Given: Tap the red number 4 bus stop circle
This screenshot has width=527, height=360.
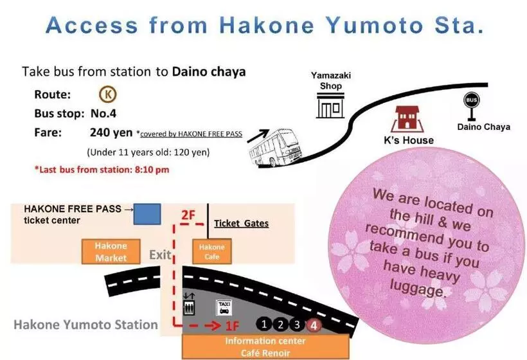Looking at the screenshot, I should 314,325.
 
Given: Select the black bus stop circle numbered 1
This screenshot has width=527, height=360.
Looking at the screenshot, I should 264,325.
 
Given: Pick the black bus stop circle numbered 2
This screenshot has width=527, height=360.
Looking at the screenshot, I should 281,325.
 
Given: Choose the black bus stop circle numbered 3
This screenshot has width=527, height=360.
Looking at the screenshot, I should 297,325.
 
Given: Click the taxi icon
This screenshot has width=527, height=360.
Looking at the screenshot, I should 224,307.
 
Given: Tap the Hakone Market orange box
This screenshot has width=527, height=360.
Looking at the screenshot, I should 111,252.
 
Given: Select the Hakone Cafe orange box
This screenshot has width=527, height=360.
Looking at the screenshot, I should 211,252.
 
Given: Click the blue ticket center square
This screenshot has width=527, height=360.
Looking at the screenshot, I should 147,213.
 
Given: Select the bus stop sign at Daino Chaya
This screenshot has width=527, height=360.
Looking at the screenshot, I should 472,105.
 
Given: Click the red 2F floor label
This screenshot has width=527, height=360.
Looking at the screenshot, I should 187,215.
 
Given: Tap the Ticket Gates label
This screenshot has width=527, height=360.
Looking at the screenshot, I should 241,223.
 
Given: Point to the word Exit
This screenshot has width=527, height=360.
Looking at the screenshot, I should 160,255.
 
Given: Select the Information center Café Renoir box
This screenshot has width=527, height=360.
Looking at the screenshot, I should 267,346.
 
